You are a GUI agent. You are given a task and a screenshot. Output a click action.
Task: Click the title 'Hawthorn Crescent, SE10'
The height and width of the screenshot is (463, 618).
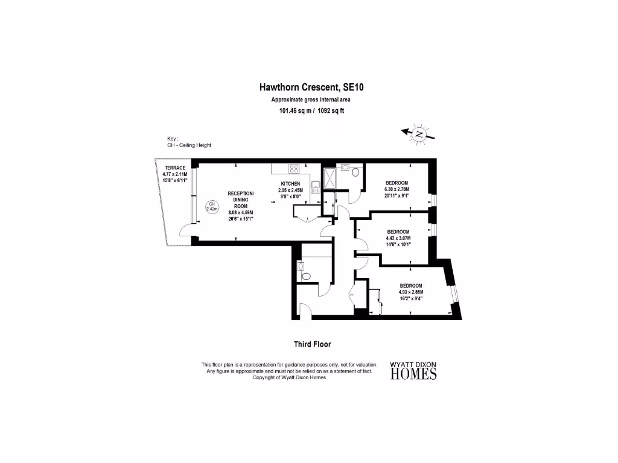coord(311,87)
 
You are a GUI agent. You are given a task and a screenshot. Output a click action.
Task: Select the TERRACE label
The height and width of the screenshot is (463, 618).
coord(175,168)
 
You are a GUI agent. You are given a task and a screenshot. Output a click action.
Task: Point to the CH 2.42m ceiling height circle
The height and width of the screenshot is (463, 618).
coord(212,207)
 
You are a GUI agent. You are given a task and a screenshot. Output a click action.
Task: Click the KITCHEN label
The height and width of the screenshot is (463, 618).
coord(290,183)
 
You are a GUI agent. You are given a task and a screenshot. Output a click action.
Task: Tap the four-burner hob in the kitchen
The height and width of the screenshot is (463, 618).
coord(295,169)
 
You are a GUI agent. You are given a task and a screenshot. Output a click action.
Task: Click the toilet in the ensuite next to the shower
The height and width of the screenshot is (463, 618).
coord(355,172)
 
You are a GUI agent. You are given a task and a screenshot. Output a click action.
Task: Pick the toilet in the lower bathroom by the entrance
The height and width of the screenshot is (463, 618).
coord(305,276)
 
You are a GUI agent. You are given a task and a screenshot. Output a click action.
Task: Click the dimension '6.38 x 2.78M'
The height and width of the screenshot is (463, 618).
coord(397,189)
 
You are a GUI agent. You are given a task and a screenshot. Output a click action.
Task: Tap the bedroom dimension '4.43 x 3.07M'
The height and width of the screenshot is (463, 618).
coord(398,238)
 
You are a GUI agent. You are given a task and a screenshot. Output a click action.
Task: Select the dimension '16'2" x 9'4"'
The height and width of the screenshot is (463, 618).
coord(410,298)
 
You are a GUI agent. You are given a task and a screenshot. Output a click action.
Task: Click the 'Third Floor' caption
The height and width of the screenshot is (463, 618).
coord(312,344)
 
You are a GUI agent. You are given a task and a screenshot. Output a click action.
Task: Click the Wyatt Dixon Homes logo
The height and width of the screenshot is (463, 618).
coord(413,371)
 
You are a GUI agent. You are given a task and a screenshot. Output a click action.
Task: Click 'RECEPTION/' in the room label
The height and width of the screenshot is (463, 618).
coord(241,194)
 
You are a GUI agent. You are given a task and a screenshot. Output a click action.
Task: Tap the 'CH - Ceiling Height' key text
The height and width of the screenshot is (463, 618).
coord(189,145)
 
